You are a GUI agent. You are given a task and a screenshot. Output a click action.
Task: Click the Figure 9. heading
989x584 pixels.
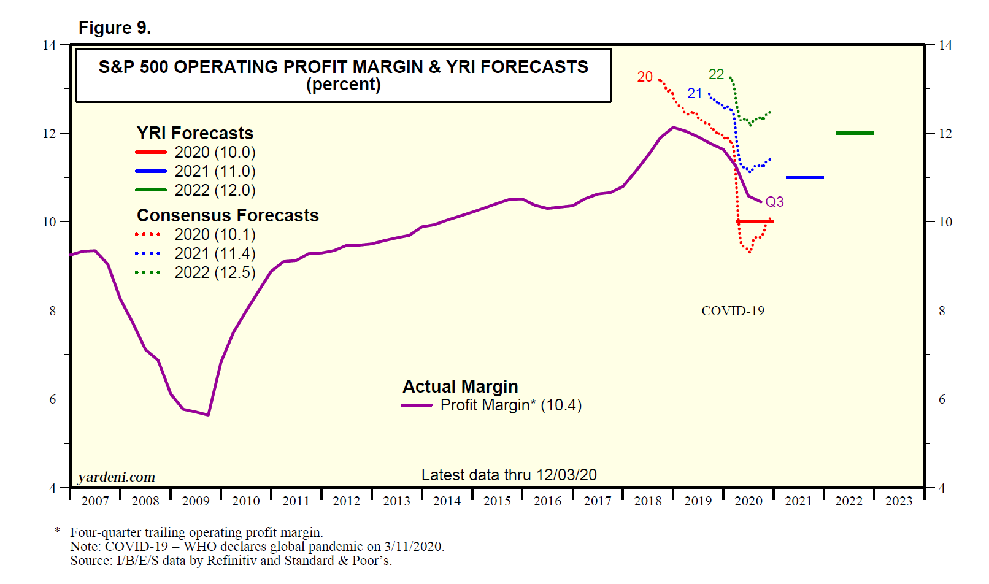[115, 28]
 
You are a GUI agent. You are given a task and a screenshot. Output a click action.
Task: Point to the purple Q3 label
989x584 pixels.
[774, 202]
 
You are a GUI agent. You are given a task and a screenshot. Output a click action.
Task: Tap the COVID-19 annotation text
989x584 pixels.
[733, 311]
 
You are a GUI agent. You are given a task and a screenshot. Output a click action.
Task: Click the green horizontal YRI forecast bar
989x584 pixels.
[855, 133]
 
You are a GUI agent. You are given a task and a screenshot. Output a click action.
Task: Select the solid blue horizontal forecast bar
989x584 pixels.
[804, 177]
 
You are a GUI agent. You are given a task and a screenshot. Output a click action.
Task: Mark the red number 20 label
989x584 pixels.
[645, 77]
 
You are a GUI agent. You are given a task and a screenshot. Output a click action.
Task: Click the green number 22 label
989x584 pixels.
[716, 74]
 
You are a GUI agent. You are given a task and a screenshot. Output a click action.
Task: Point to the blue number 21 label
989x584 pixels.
[695, 93]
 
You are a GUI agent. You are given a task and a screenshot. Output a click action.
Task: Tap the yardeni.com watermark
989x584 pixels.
[117, 477]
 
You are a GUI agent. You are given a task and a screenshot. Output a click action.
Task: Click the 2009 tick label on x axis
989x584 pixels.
[196, 501]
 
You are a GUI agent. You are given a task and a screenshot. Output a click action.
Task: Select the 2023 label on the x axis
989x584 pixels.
[899, 501]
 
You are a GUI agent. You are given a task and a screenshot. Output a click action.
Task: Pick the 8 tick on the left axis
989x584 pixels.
[53, 311]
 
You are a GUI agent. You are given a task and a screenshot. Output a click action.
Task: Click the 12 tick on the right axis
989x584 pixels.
[945, 134]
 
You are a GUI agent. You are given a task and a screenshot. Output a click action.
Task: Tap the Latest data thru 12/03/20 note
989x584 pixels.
[509, 475]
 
